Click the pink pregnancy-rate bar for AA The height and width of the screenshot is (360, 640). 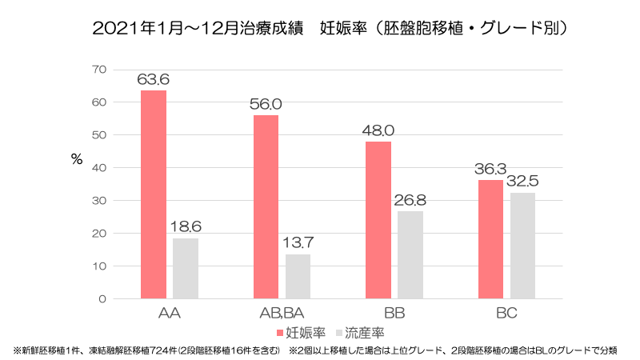153,194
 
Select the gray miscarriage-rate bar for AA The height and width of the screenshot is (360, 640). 185,268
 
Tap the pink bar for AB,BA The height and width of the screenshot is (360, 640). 266,206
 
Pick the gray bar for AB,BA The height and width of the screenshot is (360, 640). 298,276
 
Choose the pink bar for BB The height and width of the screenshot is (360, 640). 378,220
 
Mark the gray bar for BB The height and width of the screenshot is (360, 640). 410,254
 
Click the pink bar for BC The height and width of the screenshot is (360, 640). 490,239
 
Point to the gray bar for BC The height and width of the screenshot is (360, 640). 522,246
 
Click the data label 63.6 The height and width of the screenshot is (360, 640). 153,79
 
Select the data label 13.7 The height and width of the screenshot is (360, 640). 298,242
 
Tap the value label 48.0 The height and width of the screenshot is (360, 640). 378,130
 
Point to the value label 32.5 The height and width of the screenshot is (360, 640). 522,182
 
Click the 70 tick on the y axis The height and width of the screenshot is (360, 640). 99,70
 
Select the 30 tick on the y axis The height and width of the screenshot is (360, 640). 99,201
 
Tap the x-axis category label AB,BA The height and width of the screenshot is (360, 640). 282,314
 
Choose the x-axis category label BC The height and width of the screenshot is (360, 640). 506,314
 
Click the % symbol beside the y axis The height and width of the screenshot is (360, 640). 77,158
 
